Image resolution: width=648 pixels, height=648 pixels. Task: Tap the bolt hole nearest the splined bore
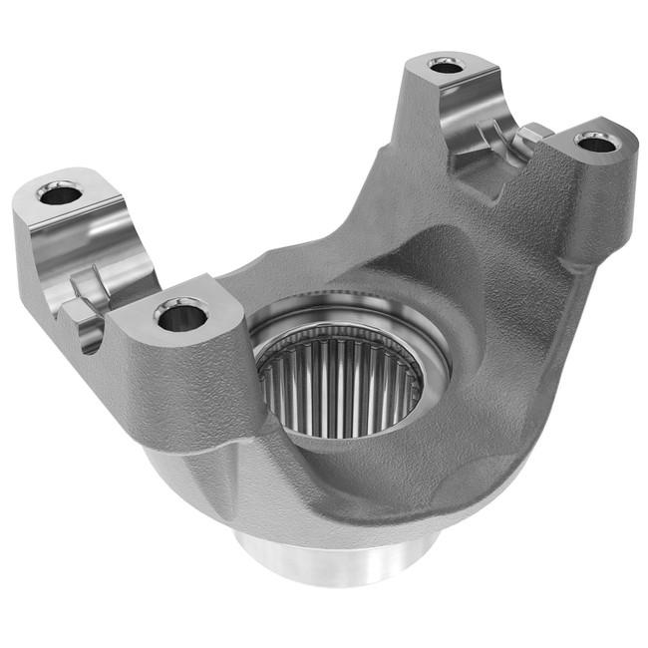[180, 318]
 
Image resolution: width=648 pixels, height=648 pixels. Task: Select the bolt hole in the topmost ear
[445, 66]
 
